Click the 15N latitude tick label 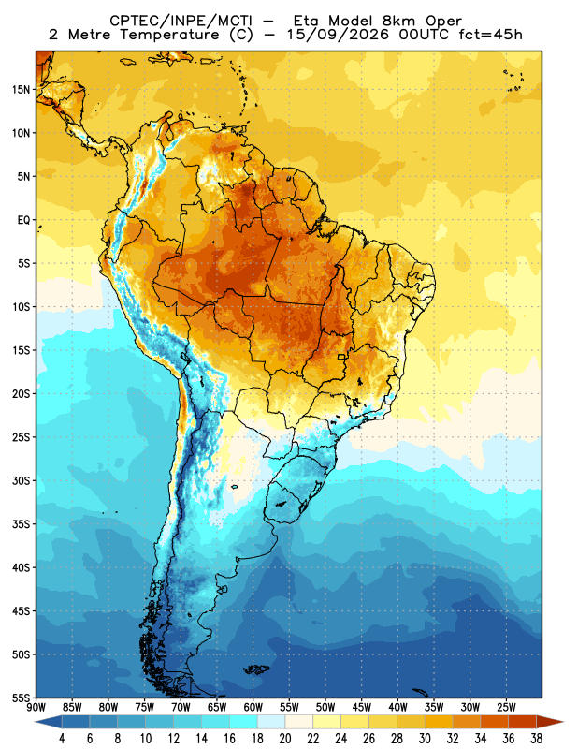21,89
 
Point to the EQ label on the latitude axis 24,220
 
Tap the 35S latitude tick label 21,524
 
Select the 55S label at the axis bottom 21,698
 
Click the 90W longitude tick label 36,708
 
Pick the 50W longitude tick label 325,708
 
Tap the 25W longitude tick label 506,708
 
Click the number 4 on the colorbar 62,739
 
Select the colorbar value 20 285,739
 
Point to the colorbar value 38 536,739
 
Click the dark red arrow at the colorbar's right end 550,722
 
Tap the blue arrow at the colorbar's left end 48,722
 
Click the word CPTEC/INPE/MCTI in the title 181,21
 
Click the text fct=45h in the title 491,35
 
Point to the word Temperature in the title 169,35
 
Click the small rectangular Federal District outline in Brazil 341,357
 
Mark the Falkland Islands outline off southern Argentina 256,669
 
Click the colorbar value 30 425,739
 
